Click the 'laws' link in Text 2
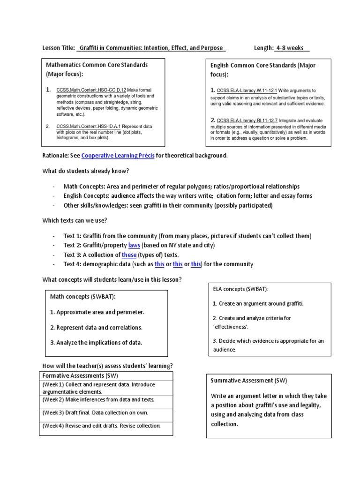[134, 245]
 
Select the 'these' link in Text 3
[129, 255]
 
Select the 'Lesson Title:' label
[59, 48]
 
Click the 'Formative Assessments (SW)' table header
[80, 375]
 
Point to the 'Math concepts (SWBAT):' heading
[83, 297]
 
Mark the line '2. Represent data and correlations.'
[96, 327]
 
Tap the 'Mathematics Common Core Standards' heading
[97, 65]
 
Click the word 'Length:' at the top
[263, 48]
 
